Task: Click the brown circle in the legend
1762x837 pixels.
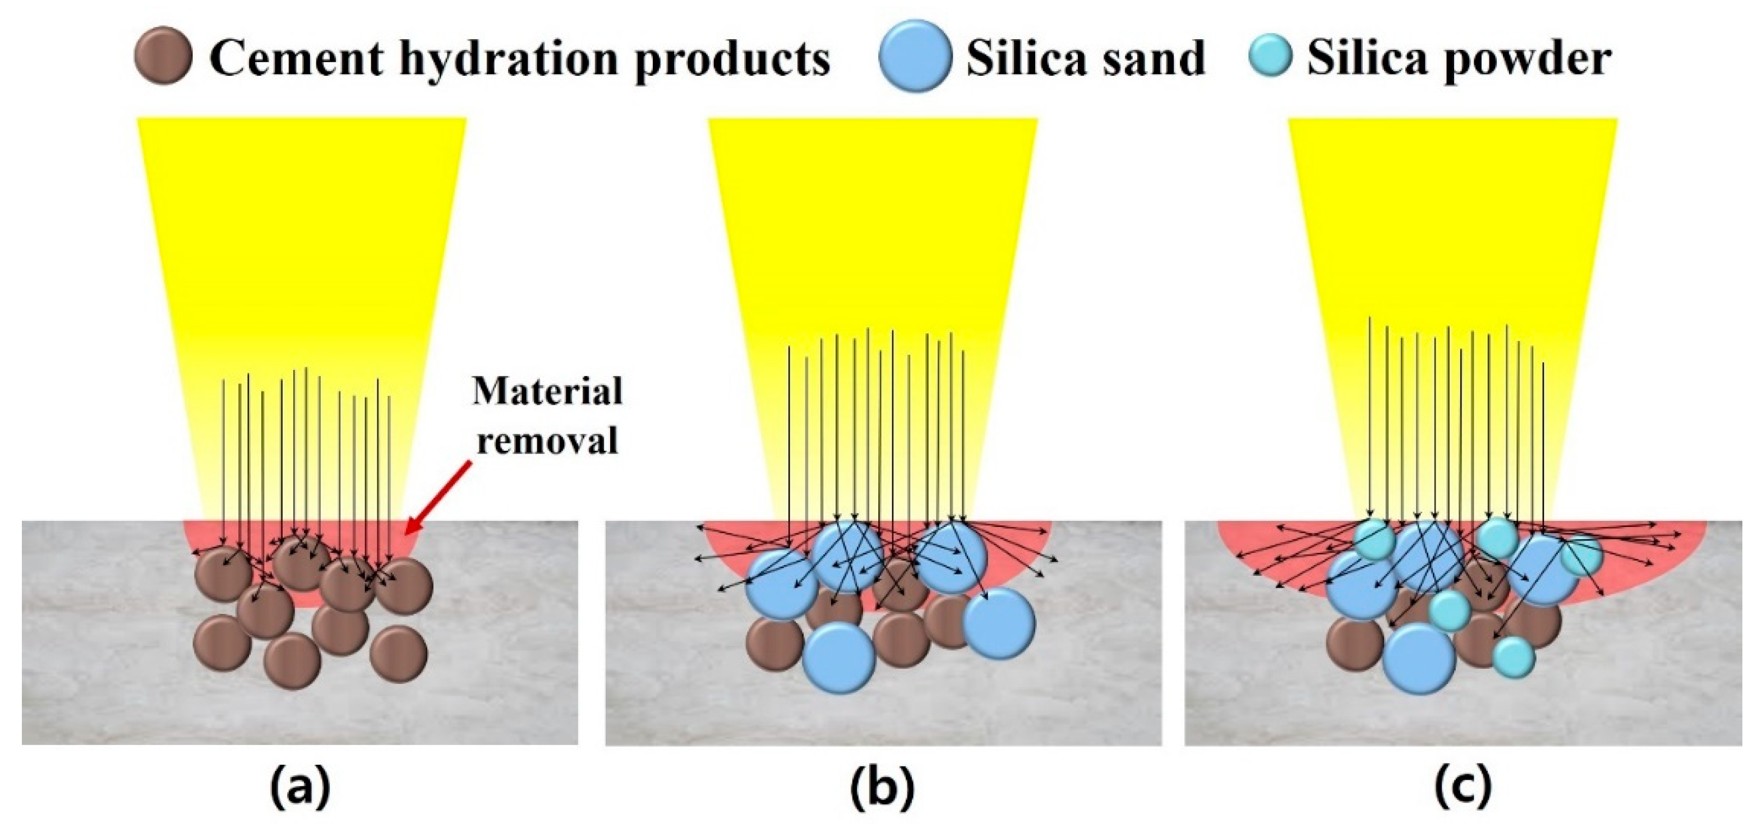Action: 163,56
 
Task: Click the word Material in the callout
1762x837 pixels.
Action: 548,392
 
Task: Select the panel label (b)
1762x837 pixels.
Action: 882,787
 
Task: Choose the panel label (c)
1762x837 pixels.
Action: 1463,787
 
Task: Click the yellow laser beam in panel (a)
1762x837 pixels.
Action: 302,239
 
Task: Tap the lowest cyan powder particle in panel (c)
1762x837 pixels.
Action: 1514,658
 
